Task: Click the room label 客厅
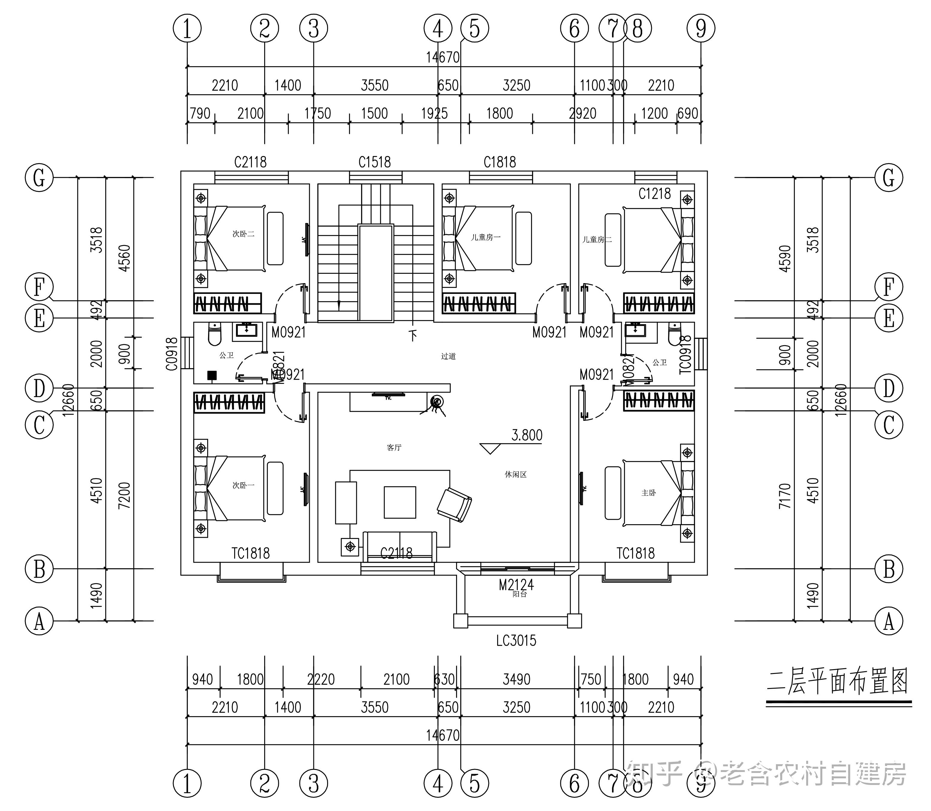click(394, 447)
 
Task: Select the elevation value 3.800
click(527, 435)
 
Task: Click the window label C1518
click(374, 162)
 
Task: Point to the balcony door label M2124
click(516, 585)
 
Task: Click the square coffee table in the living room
click(400, 502)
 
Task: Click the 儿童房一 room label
click(485, 237)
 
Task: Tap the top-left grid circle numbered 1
click(187, 28)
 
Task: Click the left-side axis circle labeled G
click(39, 178)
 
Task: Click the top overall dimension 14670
click(443, 58)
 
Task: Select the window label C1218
click(654, 194)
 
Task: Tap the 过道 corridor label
click(448, 356)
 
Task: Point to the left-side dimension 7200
click(124, 495)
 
